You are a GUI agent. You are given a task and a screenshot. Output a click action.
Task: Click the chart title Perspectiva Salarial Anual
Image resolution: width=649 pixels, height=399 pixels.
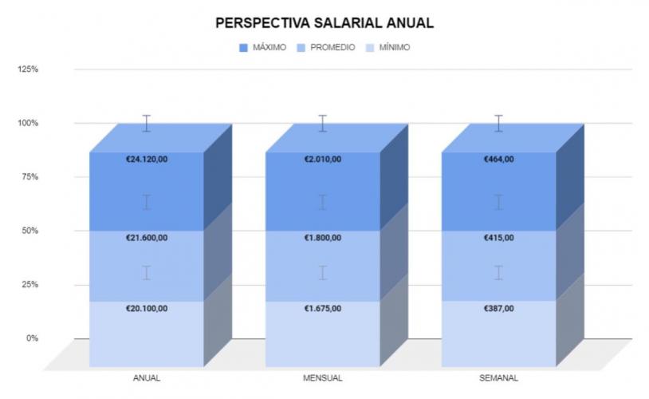point(324,23)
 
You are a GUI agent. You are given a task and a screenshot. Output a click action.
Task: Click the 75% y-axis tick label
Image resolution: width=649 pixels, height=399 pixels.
point(29,177)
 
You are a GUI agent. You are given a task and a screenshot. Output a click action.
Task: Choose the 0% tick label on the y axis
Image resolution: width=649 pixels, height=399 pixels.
point(32,338)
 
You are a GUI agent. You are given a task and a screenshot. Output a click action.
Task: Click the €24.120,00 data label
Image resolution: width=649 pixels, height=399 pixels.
point(147,160)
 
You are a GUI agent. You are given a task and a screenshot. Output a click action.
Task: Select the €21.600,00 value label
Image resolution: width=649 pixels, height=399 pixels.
point(147,239)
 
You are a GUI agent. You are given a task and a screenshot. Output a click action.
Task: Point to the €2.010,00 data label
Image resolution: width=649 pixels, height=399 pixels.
point(323,160)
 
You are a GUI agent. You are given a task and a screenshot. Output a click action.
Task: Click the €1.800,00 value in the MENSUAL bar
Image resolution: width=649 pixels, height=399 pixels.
point(323,239)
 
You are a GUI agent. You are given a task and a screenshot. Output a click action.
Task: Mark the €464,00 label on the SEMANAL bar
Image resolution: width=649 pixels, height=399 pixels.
point(499,160)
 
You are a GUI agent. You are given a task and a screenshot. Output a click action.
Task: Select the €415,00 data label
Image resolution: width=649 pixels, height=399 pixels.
point(499,239)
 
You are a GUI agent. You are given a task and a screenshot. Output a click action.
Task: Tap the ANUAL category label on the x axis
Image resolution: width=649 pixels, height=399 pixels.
point(147,377)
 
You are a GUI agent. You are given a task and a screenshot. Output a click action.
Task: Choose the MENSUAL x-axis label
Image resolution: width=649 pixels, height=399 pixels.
point(323,377)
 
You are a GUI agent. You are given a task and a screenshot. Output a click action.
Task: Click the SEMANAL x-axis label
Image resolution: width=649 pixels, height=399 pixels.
point(499,377)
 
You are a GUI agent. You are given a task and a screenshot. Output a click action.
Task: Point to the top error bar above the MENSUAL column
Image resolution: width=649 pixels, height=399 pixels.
point(323,123)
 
